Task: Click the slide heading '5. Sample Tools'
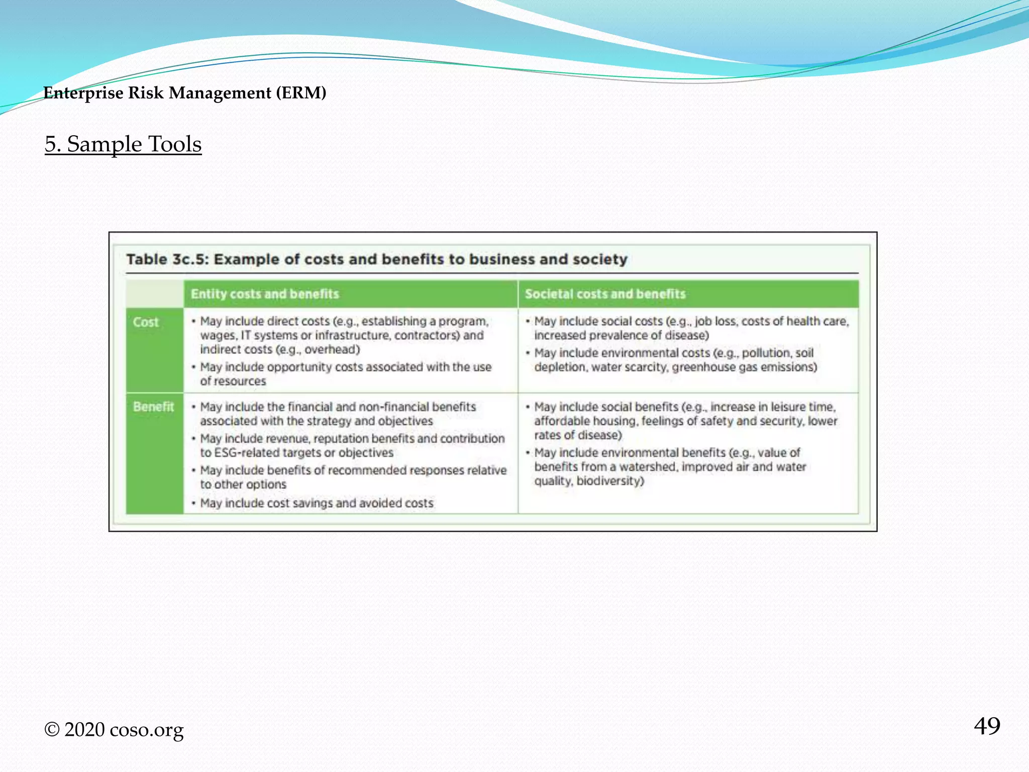click(123, 144)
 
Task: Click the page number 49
click(987, 726)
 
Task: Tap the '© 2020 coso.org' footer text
click(114, 730)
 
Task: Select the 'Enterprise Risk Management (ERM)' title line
click(185, 93)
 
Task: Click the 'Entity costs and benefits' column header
click(265, 294)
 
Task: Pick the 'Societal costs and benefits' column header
click(605, 294)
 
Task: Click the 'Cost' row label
click(146, 322)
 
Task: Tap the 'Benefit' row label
click(153, 407)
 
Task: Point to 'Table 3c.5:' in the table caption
click(167, 259)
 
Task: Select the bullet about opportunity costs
click(346, 374)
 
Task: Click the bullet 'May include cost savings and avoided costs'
click(317, 503)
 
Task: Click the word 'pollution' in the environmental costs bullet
click(765, 353)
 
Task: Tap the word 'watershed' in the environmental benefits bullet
click(648, 467)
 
